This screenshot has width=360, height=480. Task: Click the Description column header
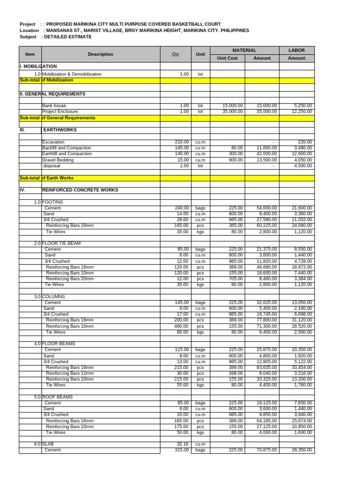(100, 54)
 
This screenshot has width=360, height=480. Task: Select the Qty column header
(175, 54)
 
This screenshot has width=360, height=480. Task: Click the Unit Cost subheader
(227, 58)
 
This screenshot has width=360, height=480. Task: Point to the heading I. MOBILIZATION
(38, 67)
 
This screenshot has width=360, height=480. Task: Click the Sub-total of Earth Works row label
(46, 178)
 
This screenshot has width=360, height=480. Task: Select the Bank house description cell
(54, 106)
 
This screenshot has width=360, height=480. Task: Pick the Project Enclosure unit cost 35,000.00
(232, 112)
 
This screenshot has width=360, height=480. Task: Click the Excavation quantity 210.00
(182, 142)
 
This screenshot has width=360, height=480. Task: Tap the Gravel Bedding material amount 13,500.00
(267, 160)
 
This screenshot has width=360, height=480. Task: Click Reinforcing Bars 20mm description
(70, 279)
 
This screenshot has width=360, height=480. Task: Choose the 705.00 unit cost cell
(236, 279)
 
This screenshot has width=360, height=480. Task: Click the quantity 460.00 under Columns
(182, 326)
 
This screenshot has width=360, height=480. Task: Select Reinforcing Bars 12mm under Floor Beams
(70, 373)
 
